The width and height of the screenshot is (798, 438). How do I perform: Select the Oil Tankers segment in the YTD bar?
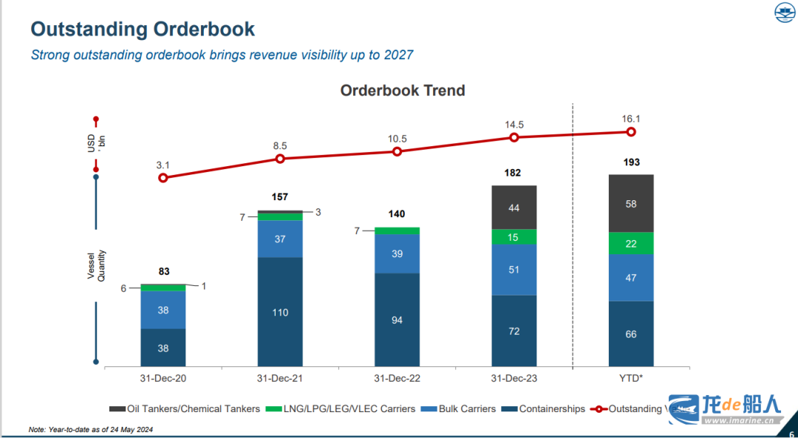630,203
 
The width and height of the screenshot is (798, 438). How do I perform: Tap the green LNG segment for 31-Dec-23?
514,237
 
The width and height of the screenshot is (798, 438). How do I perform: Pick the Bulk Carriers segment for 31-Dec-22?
397,253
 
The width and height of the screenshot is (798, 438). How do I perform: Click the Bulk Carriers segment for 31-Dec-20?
163,309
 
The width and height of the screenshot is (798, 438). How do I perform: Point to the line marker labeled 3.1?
163,177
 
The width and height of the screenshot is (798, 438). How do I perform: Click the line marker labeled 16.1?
631,131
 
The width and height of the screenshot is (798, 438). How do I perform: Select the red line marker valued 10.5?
397,151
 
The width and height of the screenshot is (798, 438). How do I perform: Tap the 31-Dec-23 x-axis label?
514,378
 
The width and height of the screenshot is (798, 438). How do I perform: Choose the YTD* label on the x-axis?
630,378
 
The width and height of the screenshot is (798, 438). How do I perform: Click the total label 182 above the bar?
514,173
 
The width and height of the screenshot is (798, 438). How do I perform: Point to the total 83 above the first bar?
163,272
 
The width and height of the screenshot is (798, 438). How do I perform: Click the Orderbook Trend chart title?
402,91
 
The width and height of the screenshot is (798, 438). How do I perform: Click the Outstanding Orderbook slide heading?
143,30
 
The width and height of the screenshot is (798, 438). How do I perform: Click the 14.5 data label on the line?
514,125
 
